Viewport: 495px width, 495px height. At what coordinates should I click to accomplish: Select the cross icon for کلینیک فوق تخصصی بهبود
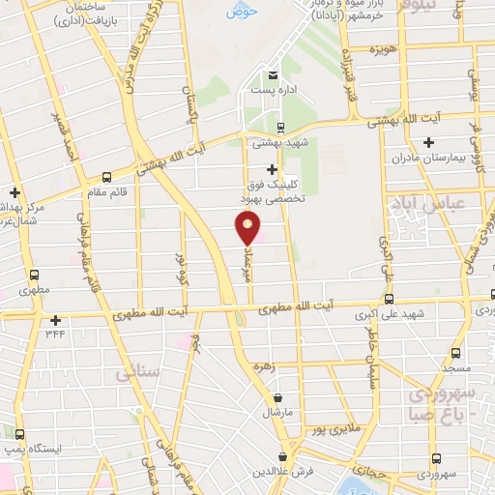coord(272,169)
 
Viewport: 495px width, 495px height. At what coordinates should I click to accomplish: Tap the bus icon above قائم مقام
coord(106,177)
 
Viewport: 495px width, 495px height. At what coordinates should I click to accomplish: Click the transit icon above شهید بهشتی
coord(280,127)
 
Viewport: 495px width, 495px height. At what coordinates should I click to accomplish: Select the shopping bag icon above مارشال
coord(278,397)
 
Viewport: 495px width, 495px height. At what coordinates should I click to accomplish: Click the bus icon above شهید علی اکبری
coord(390,299)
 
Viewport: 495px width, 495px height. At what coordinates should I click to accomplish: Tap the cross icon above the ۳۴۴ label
coord(56,319)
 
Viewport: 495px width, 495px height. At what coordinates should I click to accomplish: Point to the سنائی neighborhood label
coord(134,371)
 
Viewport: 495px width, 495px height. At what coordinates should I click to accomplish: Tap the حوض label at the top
coord(237,13)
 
